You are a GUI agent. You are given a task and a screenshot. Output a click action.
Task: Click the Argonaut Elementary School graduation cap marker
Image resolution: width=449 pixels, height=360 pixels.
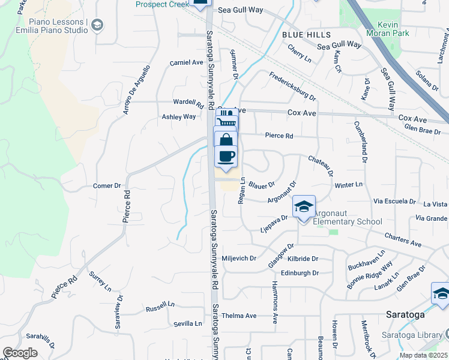tap(304, 208)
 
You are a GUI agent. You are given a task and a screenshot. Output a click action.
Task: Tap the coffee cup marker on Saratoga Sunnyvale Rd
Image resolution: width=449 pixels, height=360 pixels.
tap(226, 157)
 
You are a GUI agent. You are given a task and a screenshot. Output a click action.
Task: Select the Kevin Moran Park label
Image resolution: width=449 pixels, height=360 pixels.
tap(385, 29)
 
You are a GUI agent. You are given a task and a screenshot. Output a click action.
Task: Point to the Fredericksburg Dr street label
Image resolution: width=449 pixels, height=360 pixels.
tap(292, 86)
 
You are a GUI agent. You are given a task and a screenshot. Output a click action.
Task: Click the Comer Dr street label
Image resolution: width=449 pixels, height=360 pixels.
tap(107, 186)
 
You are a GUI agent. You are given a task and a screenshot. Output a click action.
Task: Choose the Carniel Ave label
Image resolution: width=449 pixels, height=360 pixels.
tap(187, 62)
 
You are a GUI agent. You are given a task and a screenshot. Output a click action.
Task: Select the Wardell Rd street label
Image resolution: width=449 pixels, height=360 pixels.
tap(184, 101)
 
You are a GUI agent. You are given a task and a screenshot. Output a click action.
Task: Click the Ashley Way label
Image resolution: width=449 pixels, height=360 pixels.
tap(179, 117)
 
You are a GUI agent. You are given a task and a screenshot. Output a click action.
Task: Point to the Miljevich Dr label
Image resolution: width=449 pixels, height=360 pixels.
tap(239, 259)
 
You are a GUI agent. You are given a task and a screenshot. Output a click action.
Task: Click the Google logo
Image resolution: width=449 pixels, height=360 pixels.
tap(20, 352)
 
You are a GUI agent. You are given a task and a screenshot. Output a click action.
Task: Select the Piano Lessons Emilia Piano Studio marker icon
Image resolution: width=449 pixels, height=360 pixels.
tap(97, 25)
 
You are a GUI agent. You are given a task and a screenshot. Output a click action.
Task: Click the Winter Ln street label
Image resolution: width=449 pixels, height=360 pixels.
tap(349, 184)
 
